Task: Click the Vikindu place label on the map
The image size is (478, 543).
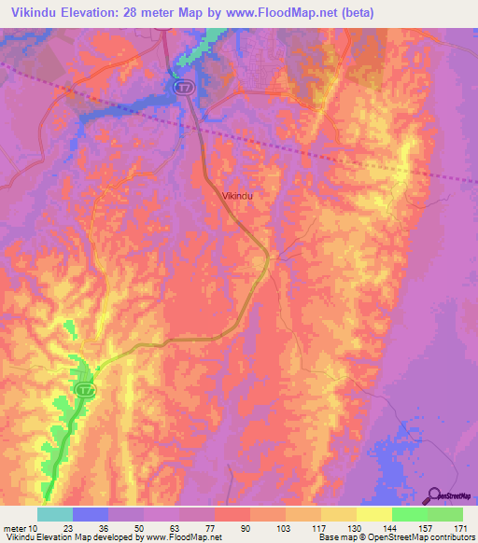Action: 238,196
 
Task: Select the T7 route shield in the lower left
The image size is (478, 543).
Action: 85,389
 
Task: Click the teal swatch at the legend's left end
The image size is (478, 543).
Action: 54,514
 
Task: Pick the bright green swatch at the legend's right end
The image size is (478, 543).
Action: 444,514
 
